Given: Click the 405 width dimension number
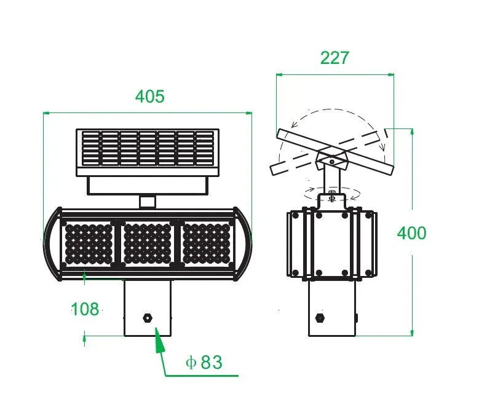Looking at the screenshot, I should [x=150, y=97].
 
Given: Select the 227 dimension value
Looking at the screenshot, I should [x=335, y=58].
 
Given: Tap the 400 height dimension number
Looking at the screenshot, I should [x=411, y=234].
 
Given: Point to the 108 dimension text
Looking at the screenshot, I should [x=85, y=309].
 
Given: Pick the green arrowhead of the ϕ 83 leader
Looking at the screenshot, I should [x=159, y=339].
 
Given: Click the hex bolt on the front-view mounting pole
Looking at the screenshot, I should [x=148, y=318].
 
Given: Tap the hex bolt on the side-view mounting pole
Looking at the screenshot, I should [x=320, y=318].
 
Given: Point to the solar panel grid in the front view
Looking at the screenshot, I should [x=148, y=148].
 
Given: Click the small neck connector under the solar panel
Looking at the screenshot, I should [x=148, y=201].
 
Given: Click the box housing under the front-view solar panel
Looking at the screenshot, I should [x=148, y=184].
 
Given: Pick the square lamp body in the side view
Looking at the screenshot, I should [x=332, y=243].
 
